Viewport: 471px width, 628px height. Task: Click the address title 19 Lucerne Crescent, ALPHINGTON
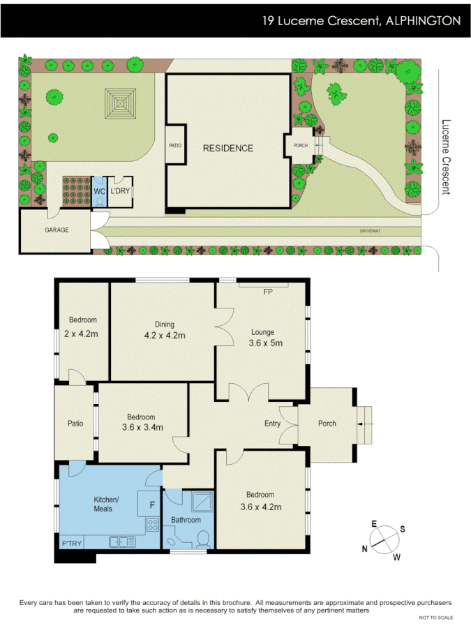[361, 21]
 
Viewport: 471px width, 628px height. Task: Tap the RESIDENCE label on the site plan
[228, 148]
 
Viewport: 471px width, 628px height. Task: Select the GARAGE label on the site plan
[57, 230]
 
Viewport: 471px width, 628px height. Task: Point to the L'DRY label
[120, 190]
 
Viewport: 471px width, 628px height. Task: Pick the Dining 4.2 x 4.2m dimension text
[165, 335]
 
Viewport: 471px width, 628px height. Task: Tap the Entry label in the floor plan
[272, 424]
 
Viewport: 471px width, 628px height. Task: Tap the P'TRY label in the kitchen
[72, 544]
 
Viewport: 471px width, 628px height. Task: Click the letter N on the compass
[364, 548]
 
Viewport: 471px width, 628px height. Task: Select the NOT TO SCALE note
[436, 618]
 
